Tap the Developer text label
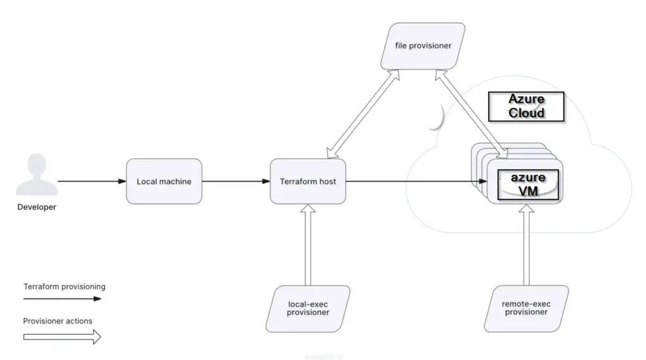[x=37, y=207]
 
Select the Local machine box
[x=164, y=182]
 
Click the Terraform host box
[x=308, y=182]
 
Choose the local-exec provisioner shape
[x=308, y=309]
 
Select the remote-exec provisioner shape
[x=526, y=308]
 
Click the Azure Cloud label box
[x=526, y=106]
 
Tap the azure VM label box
[x=528, y=183]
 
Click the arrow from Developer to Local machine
[x=91, y=182]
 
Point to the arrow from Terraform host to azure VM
[x=410, y=182]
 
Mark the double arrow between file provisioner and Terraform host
[x=362, y=114]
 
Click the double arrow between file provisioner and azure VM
[x=471, y=113]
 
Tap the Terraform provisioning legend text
[x=64, y=286]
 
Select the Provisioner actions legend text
[x=57, y=321]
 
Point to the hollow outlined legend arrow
[x=62, y=337]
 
